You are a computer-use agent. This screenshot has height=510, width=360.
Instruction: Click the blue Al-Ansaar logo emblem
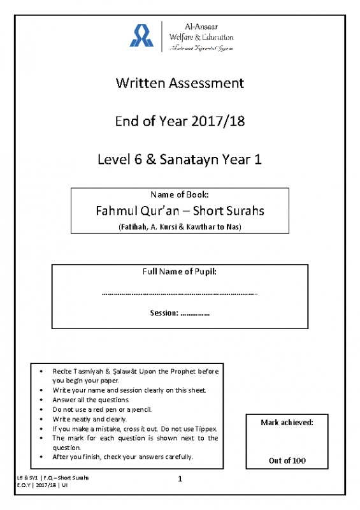tap(141, 36)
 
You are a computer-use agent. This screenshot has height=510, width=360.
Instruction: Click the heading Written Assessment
tap(180, 83)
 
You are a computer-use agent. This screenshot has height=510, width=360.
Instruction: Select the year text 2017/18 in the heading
tap(218, 121)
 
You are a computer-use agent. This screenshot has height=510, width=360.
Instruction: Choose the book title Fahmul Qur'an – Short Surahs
tap(180, 210)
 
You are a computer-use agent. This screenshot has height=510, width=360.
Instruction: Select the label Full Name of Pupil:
tap(180, 272)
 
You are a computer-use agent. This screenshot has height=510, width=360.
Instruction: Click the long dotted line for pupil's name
tap(180, 294)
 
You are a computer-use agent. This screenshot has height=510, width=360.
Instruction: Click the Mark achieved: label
tap(287, 423)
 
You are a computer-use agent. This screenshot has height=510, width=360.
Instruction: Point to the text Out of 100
tap(287, 460)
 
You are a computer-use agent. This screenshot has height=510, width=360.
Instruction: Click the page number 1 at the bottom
tap(180, 479)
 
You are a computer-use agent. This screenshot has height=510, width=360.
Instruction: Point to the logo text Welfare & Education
tap(201, 37)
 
